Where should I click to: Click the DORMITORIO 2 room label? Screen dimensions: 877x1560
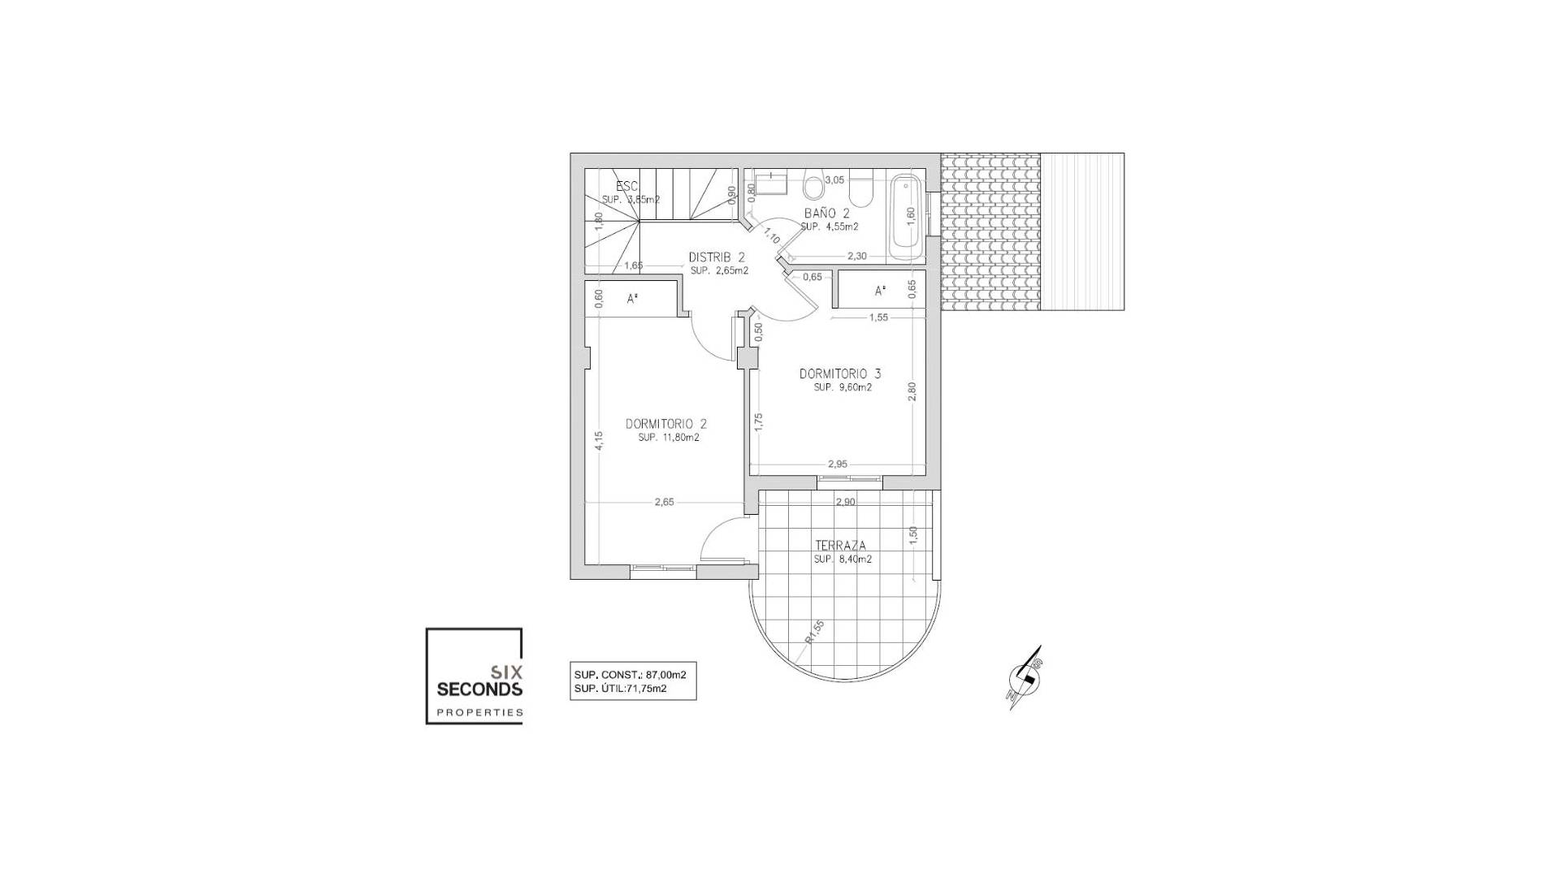pos(665,424)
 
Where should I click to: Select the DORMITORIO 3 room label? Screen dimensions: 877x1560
pos(839,374)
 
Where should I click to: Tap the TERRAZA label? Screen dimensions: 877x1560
pos(840,546)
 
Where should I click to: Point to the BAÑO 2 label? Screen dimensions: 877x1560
pos(826,214)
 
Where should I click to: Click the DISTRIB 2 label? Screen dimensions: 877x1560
pos(717,257)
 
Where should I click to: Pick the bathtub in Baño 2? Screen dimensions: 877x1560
pos(906,215)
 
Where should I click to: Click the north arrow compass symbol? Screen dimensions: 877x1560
pos(1025,678)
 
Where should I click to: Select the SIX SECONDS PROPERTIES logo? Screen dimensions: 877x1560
pos(474,676)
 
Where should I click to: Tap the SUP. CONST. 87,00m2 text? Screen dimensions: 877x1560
pos(630,674)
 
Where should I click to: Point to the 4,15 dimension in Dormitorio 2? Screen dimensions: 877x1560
pos(599,440)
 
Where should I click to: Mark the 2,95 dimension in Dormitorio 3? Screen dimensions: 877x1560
pos(837,464)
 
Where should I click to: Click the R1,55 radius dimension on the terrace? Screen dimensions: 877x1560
pos(815,631)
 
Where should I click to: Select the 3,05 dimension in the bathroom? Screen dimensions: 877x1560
pos(834,180)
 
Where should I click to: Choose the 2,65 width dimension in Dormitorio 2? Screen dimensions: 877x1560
pos(664,503)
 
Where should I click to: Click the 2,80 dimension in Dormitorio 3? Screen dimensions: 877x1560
pos(912,391)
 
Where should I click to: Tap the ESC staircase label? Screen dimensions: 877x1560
pos(626,187)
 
